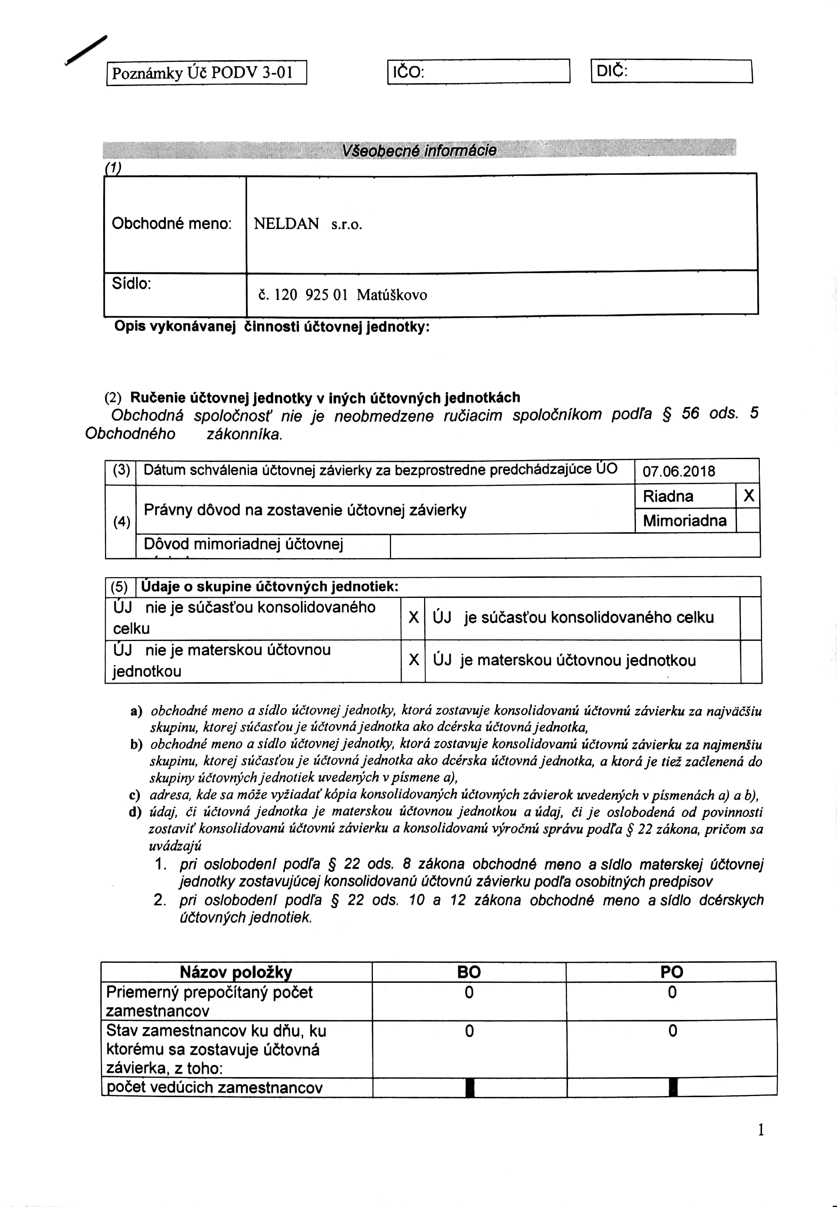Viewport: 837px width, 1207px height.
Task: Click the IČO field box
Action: coord(478,71)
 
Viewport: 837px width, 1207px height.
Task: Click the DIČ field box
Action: coord(671,71)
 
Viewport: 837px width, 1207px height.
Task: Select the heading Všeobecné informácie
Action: coord(418,151)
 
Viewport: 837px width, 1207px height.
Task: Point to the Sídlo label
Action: coord(131,284)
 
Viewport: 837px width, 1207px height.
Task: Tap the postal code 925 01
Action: coord(326,295)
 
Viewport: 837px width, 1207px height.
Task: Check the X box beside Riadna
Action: coord(748,496)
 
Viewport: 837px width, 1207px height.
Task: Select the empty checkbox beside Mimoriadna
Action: coord(748,520)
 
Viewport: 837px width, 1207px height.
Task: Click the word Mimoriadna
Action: coord(685,520)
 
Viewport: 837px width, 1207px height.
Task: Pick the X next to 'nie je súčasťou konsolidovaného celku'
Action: coord(413,617)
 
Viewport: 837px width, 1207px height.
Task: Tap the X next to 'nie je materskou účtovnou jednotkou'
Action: coord(413,660)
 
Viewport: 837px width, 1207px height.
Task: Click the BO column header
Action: coord(469,972)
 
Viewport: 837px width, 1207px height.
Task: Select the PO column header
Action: coord(671,972)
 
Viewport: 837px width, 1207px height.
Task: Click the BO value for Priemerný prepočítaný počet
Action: coord(469,992)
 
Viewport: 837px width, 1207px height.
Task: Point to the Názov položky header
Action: coord(236,972)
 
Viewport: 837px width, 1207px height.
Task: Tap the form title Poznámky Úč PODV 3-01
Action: coord(203,72)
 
